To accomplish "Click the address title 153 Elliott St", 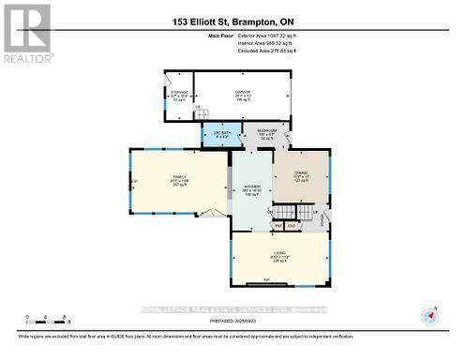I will point(233,21).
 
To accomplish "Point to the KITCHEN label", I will point(251,187).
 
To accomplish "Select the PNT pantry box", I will point(278,226).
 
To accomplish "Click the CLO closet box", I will point(292,226).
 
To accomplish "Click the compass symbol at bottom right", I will point(429,314).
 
